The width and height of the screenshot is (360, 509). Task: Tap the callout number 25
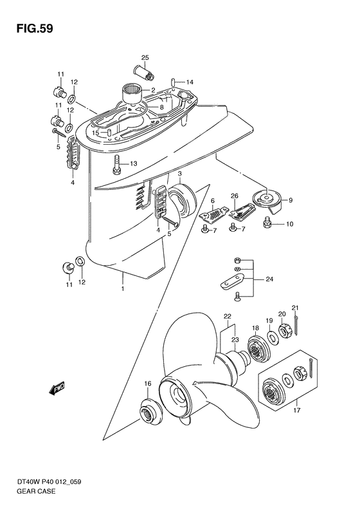tap(145, 59)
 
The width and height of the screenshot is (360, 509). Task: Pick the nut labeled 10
tap(269, 224)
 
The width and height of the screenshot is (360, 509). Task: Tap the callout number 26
tap(235, 196)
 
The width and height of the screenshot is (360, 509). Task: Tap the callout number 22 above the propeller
tap(227, 316)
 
